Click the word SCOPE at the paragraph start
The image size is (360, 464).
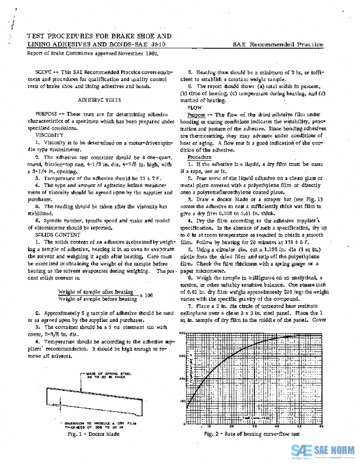point(44,72)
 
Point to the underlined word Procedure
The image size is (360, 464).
point(199,158)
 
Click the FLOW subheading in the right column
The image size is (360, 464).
point(194,109)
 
